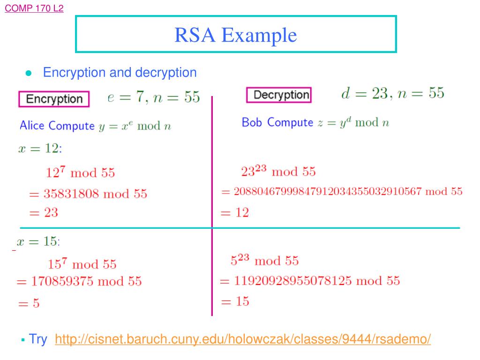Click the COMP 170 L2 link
coord(34,8)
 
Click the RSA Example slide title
coord(236,35)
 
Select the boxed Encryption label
coord(54,99)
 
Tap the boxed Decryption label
coord(278,95)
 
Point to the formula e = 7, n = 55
coord(154,97)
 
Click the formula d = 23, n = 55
coord(392,93)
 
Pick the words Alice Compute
coord(57,126)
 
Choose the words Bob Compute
coord(277,122)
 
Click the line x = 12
coord(39,149)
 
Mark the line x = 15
coord(38,242)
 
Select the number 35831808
coord(71,194)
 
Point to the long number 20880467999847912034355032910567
coord(328,191)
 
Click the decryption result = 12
coord(235,213)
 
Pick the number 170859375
coord(62,282)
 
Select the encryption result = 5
coord(29,304)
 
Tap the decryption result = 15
coord(235,301)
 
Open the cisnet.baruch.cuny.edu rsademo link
coord(242,339)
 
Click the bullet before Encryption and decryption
coord(29,74)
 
